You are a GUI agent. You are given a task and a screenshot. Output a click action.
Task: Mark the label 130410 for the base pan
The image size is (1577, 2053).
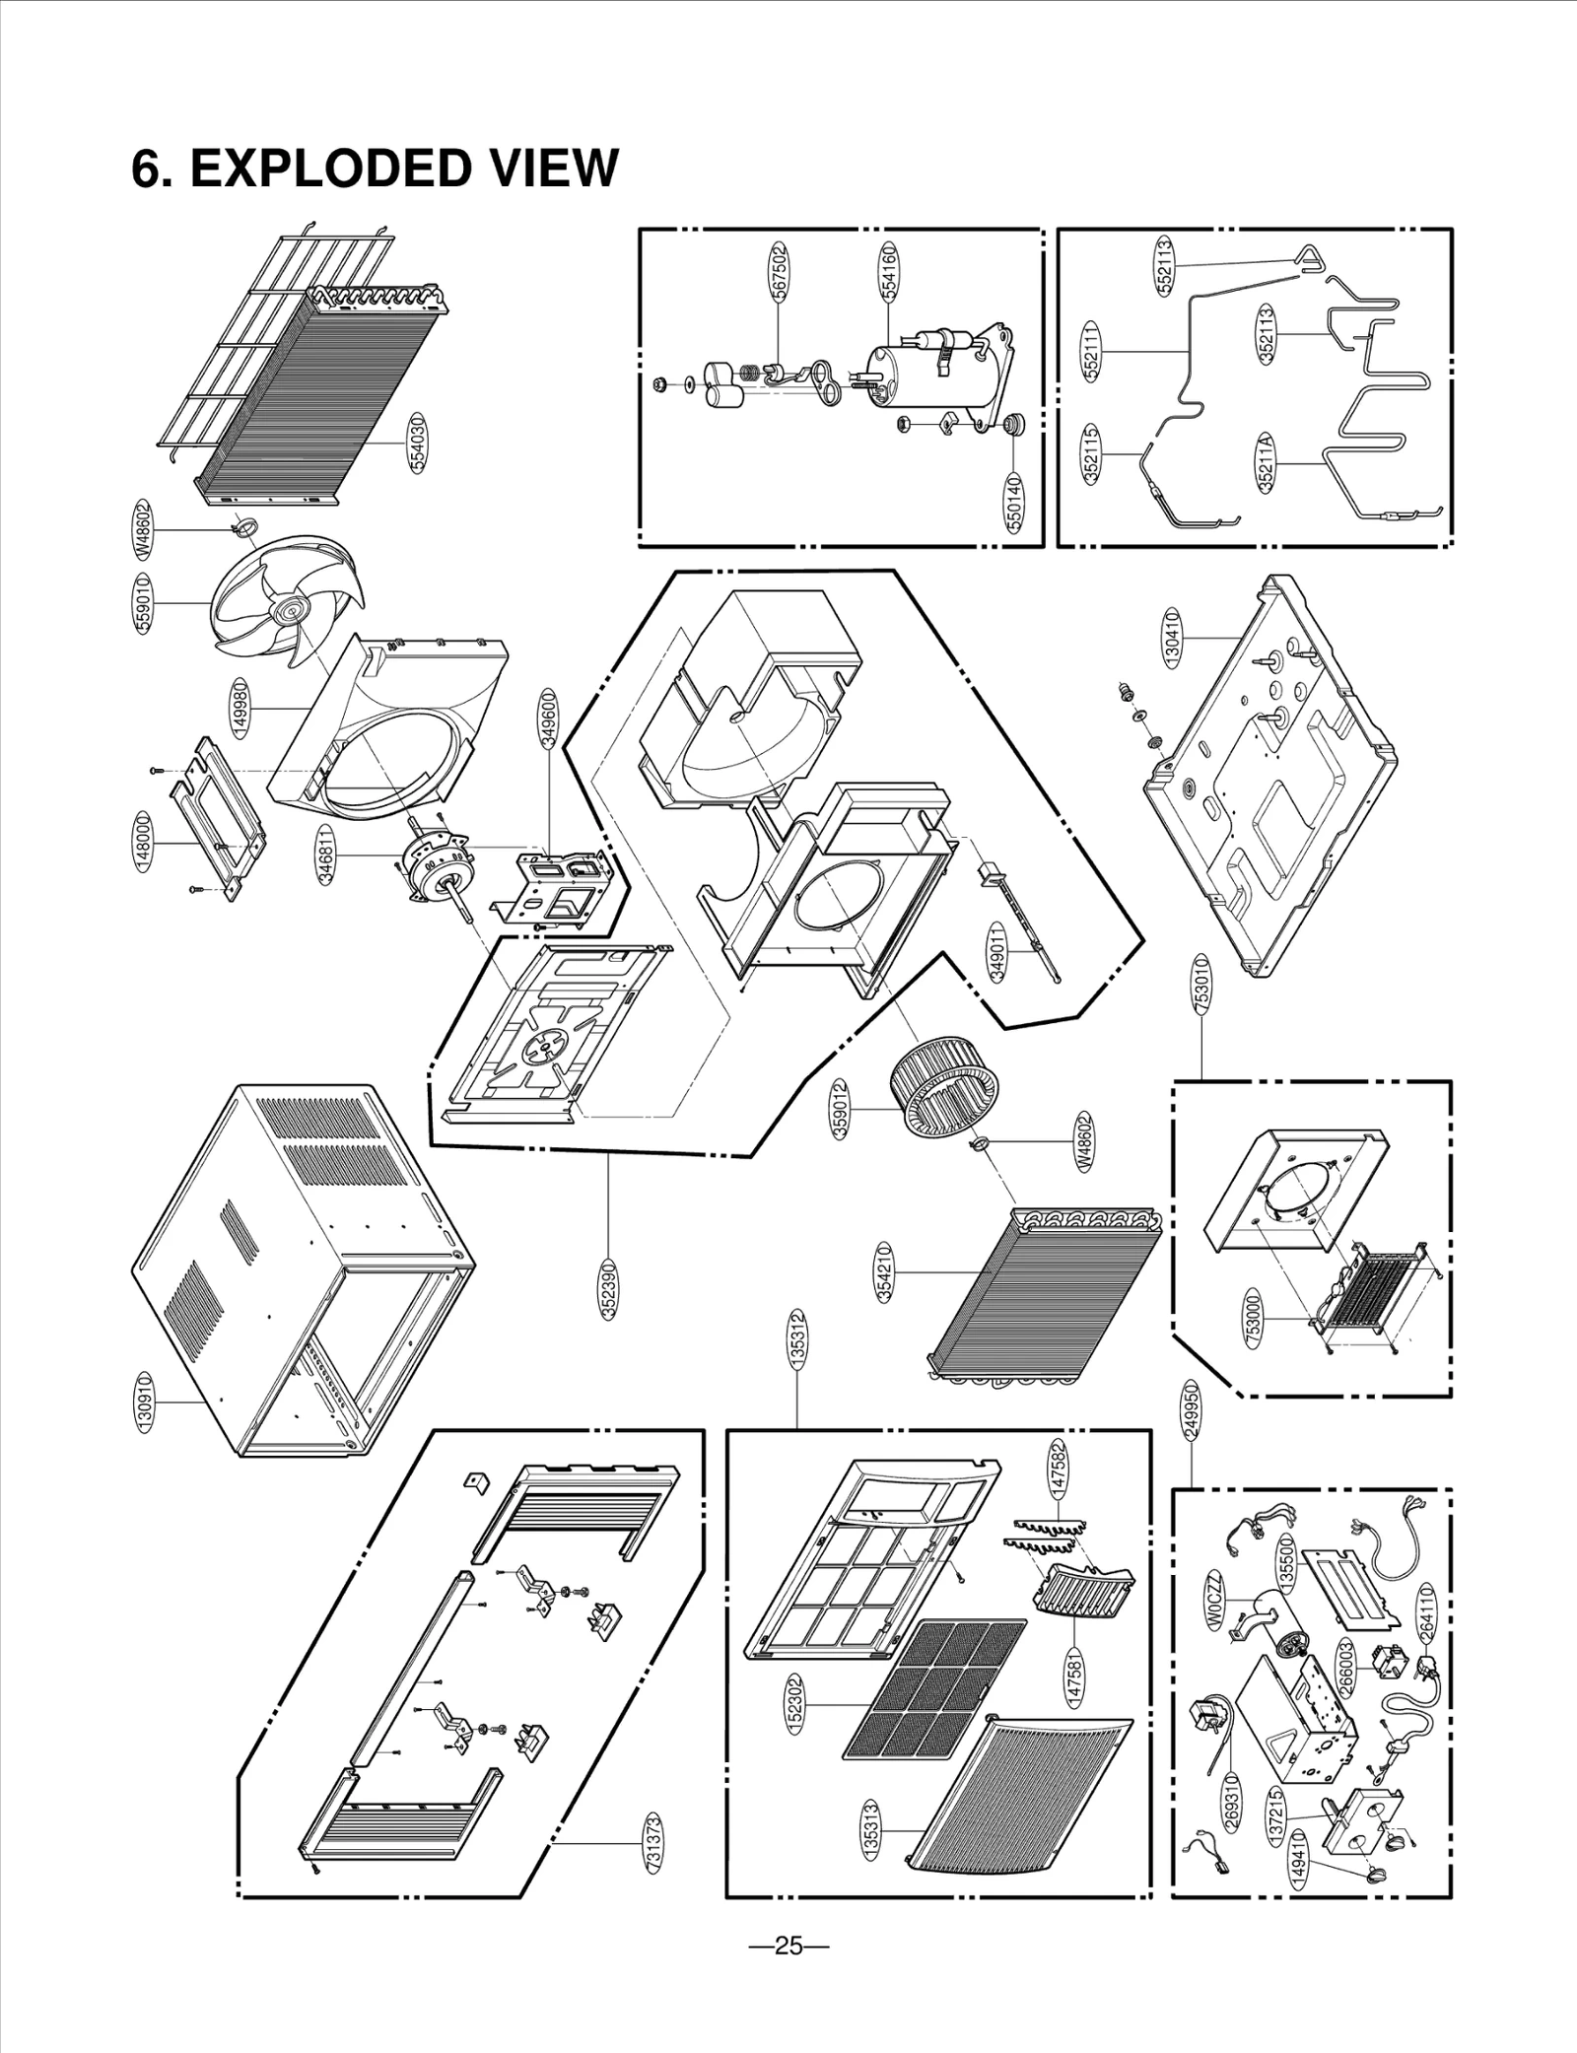click(1172, 639)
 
